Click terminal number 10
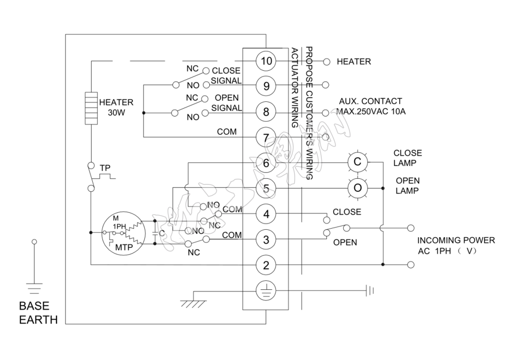[x=266, y=61]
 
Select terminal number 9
[x=266, y=86]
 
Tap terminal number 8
[x=266, y=112]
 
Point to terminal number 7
[x=266, y=137]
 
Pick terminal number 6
[x=266, y=162]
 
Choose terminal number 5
[x=266, y=187]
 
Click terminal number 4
[x=266, y=213]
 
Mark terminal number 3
[x=266, y=239]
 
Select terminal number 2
[x=266, y=264]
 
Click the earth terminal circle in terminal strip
[x=266, y=291]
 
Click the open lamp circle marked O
[x=357, y=187]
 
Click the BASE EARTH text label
[x=38, y=312]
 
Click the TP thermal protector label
[x=105, y=168]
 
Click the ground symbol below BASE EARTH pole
[x=34, y=288]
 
